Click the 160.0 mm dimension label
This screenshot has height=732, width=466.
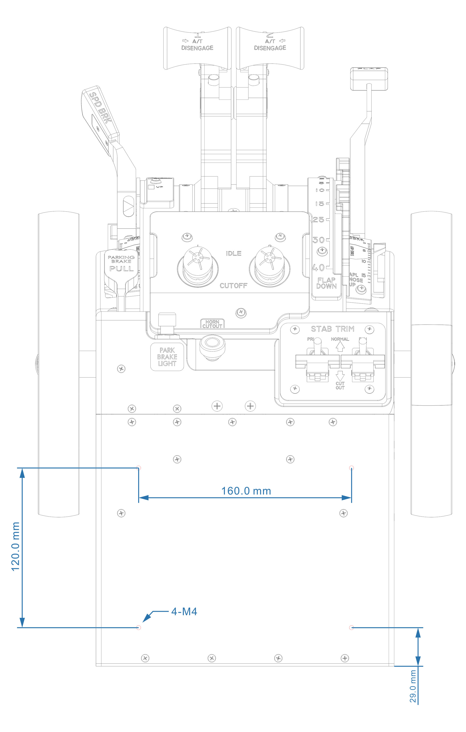click(246, 491)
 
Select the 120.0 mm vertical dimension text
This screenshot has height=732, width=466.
click(16, 547)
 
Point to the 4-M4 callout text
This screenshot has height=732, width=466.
click(184, 611)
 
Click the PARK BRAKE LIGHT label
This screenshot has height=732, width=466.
click(167, 357)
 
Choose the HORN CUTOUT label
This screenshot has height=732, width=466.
click(212, 324)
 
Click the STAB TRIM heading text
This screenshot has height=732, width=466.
click(332, 329)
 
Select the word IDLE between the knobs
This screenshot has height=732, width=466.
click(234, 253)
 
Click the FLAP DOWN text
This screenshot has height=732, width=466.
click(326, 283)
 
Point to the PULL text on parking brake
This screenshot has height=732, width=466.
click(122, 269)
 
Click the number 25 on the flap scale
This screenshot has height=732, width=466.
click(318, 219)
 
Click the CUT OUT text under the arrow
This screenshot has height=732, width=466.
click(340, 386)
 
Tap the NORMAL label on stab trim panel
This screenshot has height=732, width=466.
click(340, 339)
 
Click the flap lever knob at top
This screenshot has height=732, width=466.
click(369, 79)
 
